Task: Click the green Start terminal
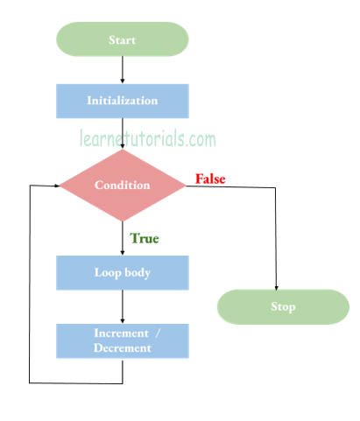coord(122,39)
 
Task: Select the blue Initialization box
coord(122,101)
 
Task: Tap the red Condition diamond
coord(122,186)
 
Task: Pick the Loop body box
coord(122,272)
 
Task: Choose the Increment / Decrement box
coord(122,340)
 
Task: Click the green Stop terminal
coord(283,307)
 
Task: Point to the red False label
coord(210,179)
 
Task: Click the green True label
coord(145,237)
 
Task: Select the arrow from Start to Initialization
coord(123,69)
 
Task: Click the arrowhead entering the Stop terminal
coord(277,287)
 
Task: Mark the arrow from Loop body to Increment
coord(123,306)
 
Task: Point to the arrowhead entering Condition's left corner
coord(55,186)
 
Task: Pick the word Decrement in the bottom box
coord(122,348)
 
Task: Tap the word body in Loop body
coord(137,272)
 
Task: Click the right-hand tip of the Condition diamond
coord(185,186)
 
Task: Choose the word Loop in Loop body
coord(107,272)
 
